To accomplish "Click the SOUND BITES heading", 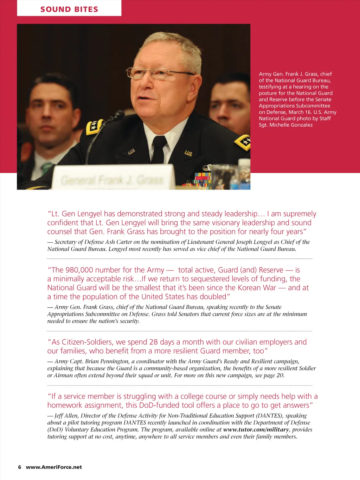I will click(x=69, y=9).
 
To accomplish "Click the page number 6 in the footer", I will click(x=20, y=467).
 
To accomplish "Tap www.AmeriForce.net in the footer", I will click(x=54, y=467).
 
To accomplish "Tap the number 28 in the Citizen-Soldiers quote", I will click(x=153, y=342).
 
